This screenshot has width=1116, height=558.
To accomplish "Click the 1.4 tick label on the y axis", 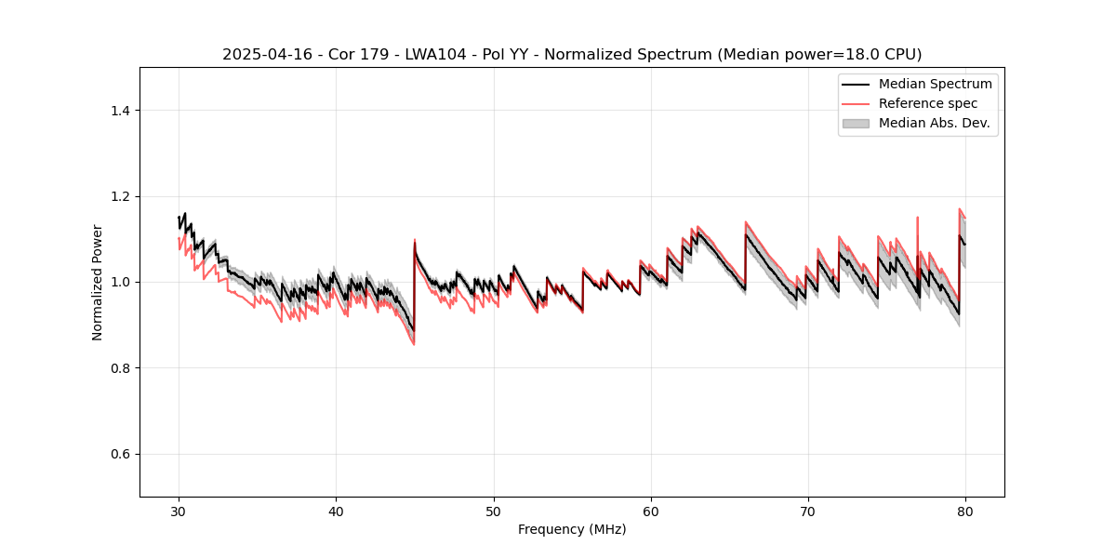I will click(120, 111).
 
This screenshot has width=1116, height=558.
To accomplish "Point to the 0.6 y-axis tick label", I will click(120, 454).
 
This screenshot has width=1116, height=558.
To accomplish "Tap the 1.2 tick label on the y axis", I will click(120, 196).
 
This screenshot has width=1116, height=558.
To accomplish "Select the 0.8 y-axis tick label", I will click(120, 368).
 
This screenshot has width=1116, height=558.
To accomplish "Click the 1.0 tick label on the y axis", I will click(120, 282).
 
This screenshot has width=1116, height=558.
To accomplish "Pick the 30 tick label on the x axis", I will click(179, 511).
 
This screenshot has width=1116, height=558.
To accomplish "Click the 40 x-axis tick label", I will click(337, 511).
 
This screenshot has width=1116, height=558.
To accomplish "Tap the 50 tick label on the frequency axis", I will click(494, 511).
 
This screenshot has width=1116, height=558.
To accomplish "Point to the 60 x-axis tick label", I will click(651, 511).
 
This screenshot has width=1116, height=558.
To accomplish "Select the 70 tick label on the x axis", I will click(808, 511).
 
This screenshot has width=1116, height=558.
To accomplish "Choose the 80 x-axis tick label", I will click(965, 511).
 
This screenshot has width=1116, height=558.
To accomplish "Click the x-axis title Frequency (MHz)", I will click(572, 530).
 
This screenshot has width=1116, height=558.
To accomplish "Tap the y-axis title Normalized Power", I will click(98, 282).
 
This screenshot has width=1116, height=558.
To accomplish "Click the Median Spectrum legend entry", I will click(935, 84).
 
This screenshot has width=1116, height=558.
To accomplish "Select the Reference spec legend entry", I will click(927, 103).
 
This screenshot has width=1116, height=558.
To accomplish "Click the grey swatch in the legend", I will click(855, 123).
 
